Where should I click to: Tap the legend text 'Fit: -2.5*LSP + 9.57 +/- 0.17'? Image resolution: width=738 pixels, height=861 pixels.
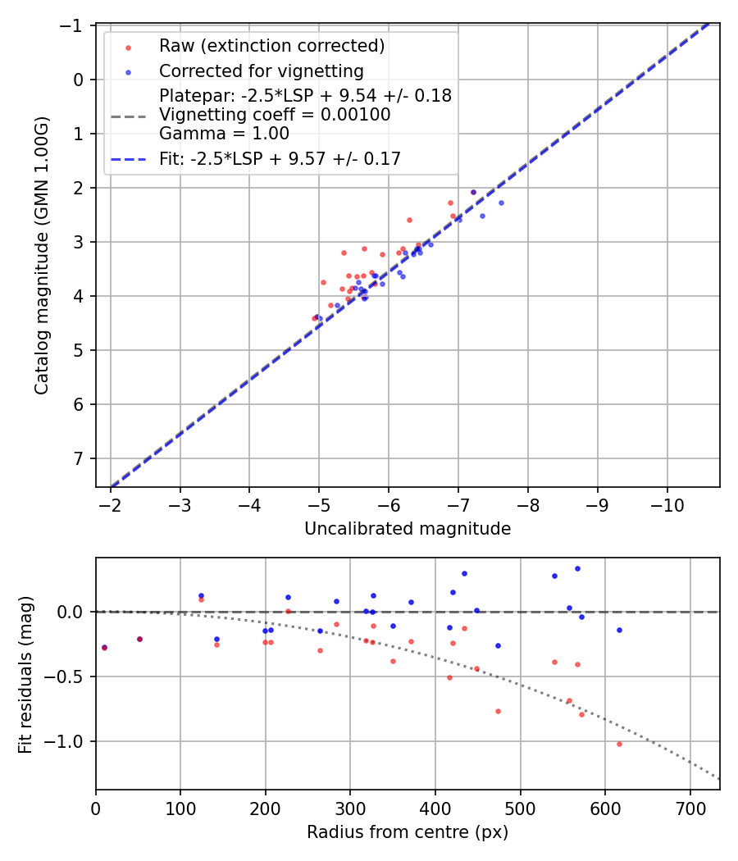pos(280,159)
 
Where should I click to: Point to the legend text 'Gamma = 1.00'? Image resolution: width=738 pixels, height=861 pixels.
pos(224,134)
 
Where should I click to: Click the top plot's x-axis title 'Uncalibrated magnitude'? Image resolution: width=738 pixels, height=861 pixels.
pos(408,529)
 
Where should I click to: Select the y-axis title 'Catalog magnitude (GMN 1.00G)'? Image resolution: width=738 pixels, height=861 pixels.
pos(42,256)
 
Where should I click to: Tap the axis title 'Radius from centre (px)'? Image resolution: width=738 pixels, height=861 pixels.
pos(408,832)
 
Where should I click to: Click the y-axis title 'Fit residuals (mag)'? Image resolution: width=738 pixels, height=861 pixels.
pos(25,674)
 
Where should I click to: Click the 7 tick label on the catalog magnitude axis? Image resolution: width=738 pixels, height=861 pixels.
pos(80,458)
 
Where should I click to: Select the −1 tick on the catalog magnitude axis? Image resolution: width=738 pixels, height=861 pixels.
pos(75,25)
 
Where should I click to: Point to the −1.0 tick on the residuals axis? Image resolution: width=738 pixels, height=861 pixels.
pos(69,741)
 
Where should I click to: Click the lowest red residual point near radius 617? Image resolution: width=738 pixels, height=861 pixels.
pos(619,744)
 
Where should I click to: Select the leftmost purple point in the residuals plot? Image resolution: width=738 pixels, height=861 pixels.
pos(104,648)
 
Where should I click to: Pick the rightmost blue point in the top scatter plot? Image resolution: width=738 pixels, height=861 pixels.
pos(501,203)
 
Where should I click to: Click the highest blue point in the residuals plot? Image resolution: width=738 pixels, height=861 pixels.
pos(577,568)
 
